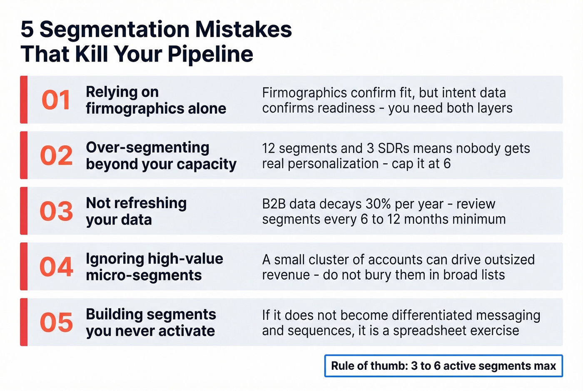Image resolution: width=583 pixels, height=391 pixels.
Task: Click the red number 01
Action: pyautogui.click(x=56, y=100)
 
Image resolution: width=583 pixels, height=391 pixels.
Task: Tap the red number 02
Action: pyautogui.click(x=56, y=156)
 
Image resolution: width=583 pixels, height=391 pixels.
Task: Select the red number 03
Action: pyautogui.click(x=56, y=211)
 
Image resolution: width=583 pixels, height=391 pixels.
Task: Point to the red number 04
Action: pyautogui.click(x=56, y=267)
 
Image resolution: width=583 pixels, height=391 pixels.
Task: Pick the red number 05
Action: pyautogui.click(x=56, y=322)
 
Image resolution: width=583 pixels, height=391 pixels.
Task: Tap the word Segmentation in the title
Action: pyautogui.click(x=115, y=30)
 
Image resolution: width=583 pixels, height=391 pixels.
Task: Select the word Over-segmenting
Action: pyautogui.click(x=147, y=147)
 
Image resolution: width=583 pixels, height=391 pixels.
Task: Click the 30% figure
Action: pyautogui.click(x=378, y=204)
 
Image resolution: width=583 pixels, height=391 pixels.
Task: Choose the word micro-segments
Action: pyautogui.click(x=144, y=275)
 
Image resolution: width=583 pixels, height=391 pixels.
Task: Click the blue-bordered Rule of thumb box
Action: pyautogui.click(x=443, y=366)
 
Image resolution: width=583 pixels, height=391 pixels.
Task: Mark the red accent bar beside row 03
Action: pyautogui.click(x=24, y=211)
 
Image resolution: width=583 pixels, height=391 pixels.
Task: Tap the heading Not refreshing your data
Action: pyautogui.click(x=136, y=211)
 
